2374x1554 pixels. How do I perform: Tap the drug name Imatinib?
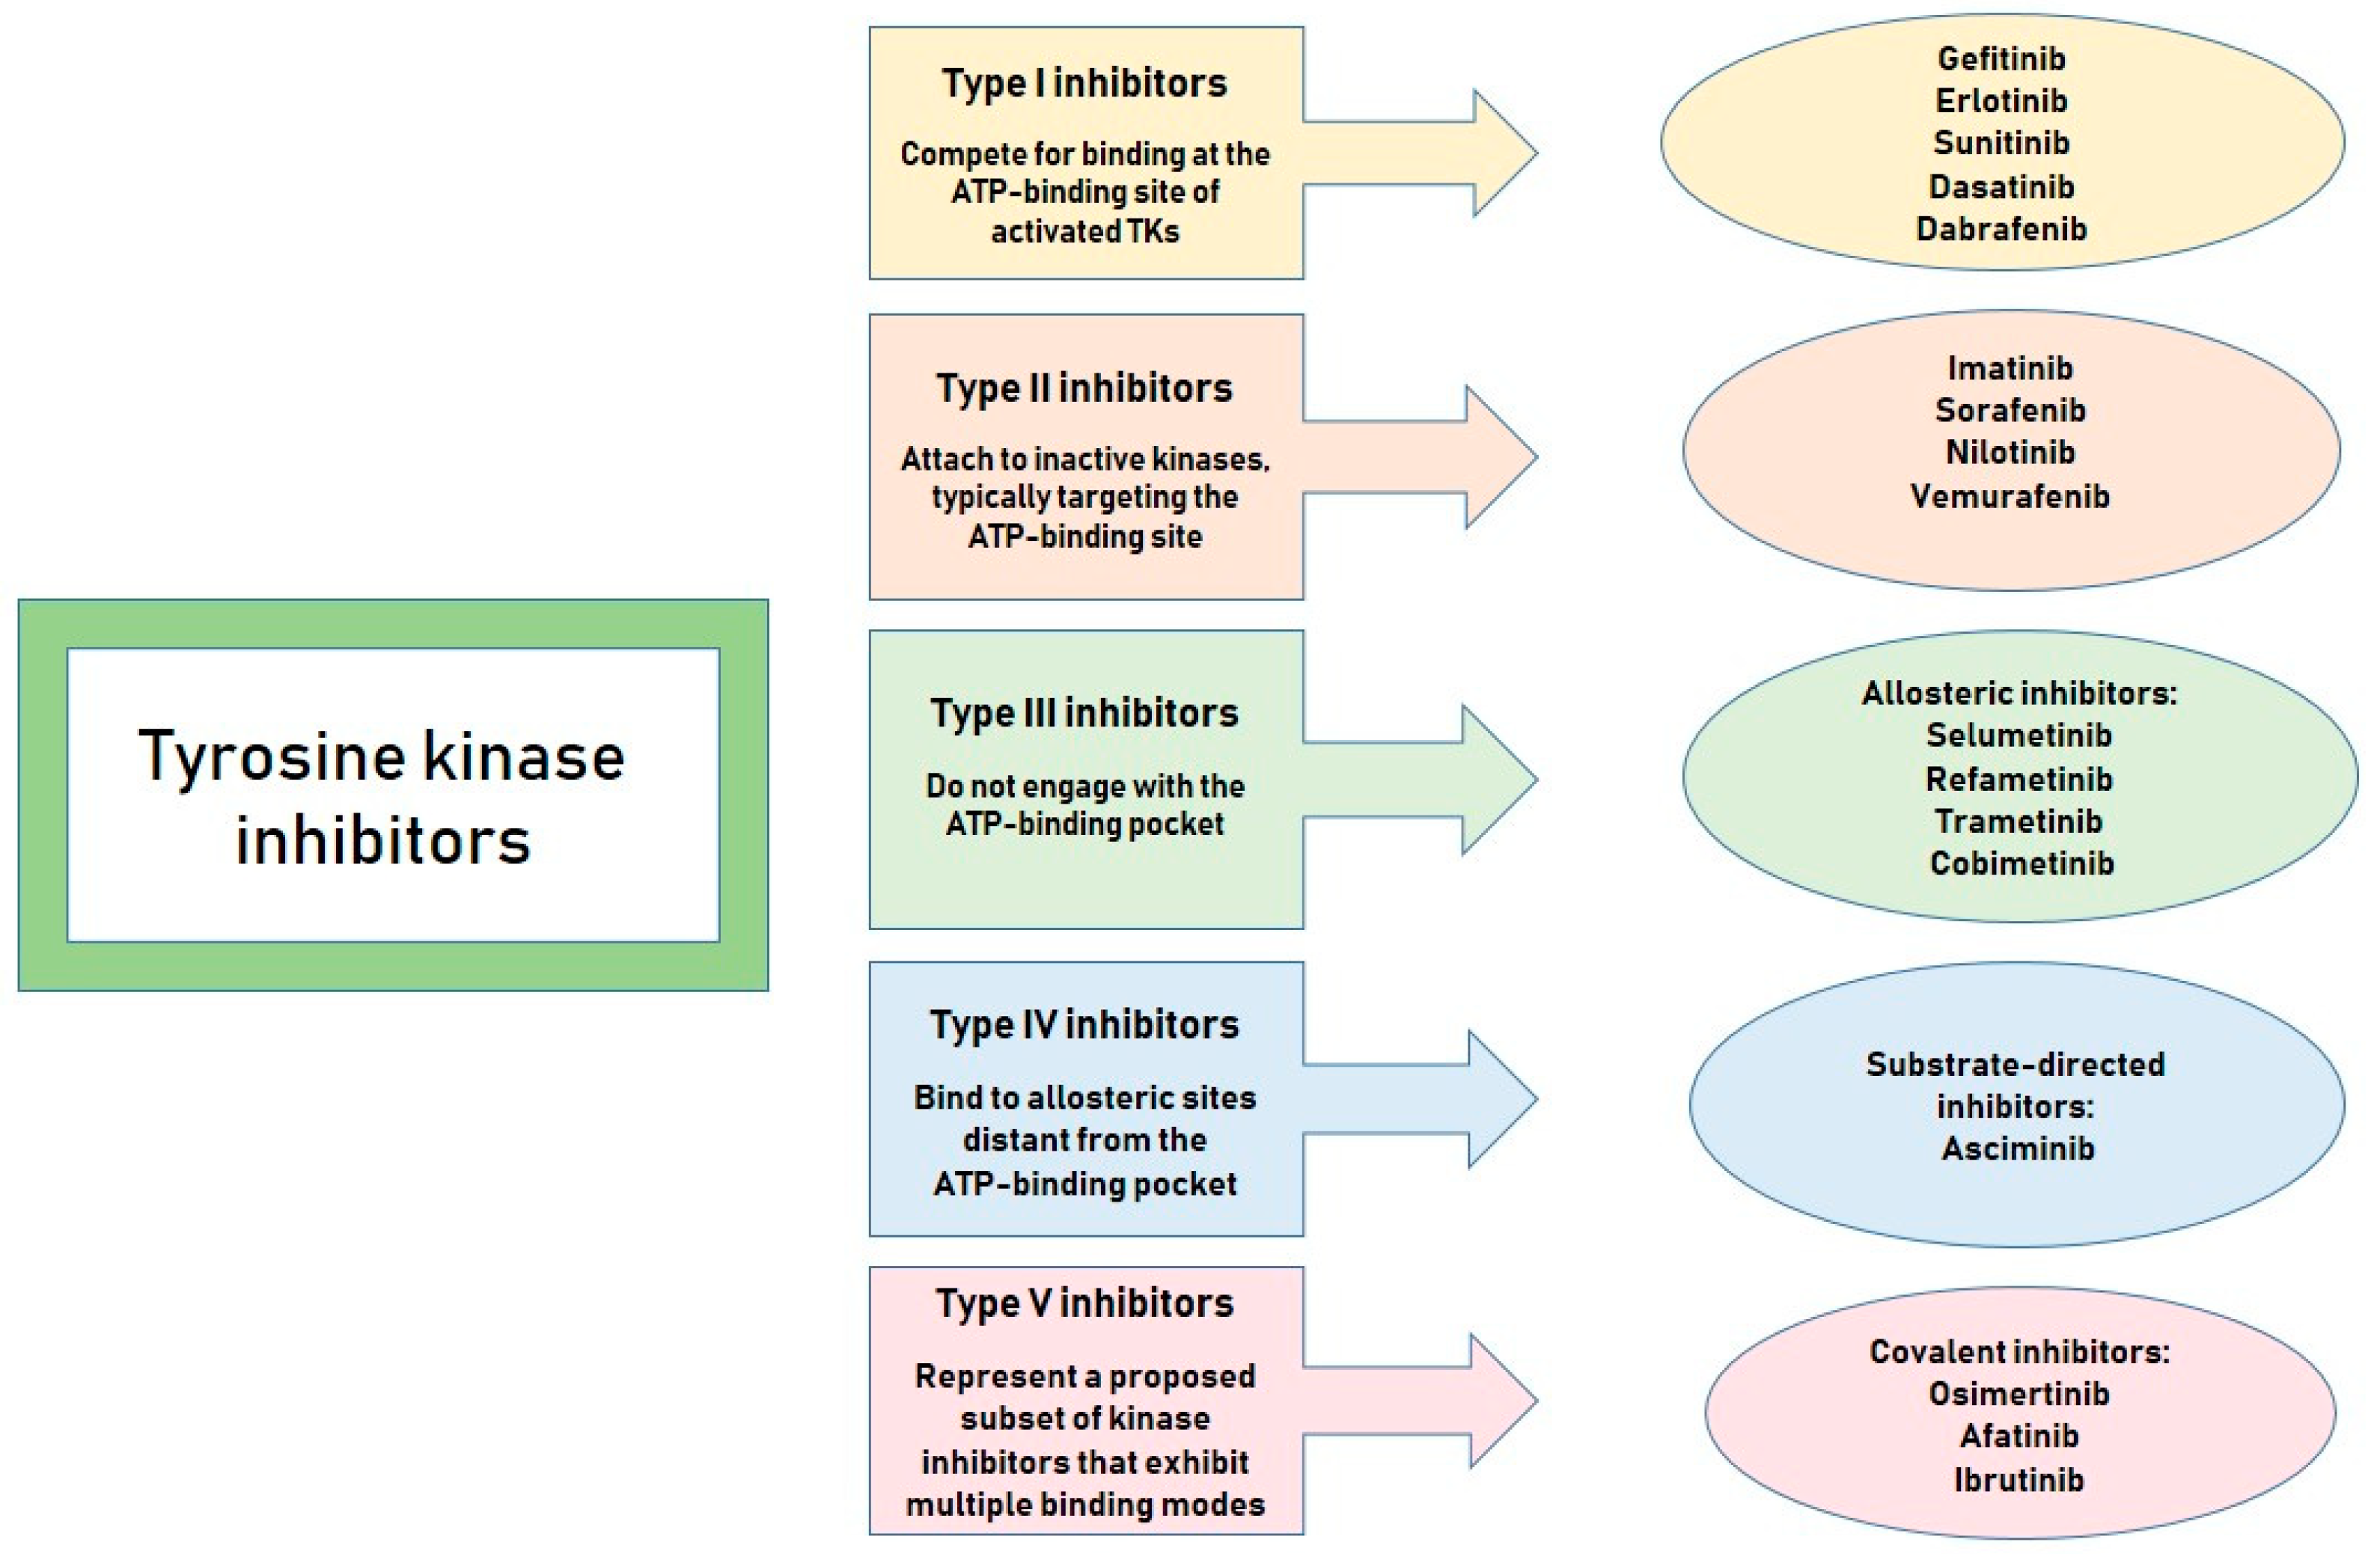[x=2010, y=368]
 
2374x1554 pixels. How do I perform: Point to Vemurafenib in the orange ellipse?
[x=2010, y=497]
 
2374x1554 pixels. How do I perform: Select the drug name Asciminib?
[x=2018, y=1148]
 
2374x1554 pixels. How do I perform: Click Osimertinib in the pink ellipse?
[x=2019, y=1393]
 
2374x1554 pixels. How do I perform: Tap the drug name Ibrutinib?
[x=2019, y=1479]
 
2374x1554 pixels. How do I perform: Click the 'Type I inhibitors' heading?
[x=1084, y=84]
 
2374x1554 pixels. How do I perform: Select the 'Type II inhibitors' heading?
[x=1084, y=389]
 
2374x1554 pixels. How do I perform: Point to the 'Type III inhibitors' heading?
[x=1084, y=713]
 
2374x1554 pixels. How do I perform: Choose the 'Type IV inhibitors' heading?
[x=1084, y=1025]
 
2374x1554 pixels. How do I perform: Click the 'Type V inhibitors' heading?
[x=1084, y=1303]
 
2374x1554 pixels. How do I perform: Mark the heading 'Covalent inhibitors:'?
[x=2019, y=1351]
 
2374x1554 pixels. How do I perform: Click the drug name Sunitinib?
[x=2001, y=144]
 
